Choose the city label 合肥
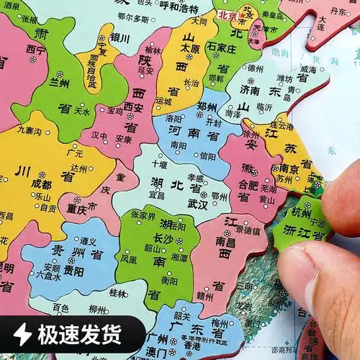tap(248, 184)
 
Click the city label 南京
tap(289, 168)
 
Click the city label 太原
tap(189, 49)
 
